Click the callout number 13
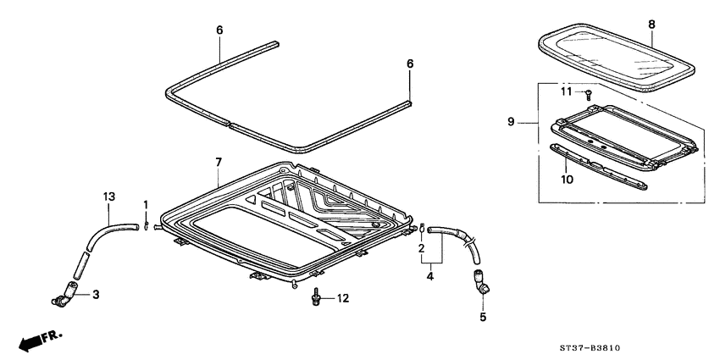108,197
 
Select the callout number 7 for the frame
218,160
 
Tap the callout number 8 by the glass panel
651,25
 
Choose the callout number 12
342,297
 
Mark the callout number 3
96,295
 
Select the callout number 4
430,274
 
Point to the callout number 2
421,248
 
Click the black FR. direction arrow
31,341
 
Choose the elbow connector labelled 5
481,280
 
